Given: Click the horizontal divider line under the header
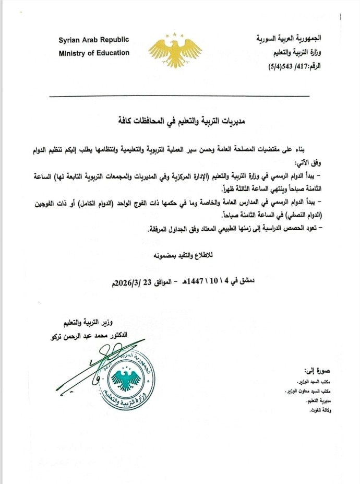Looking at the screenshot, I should [x=179, y=96].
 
